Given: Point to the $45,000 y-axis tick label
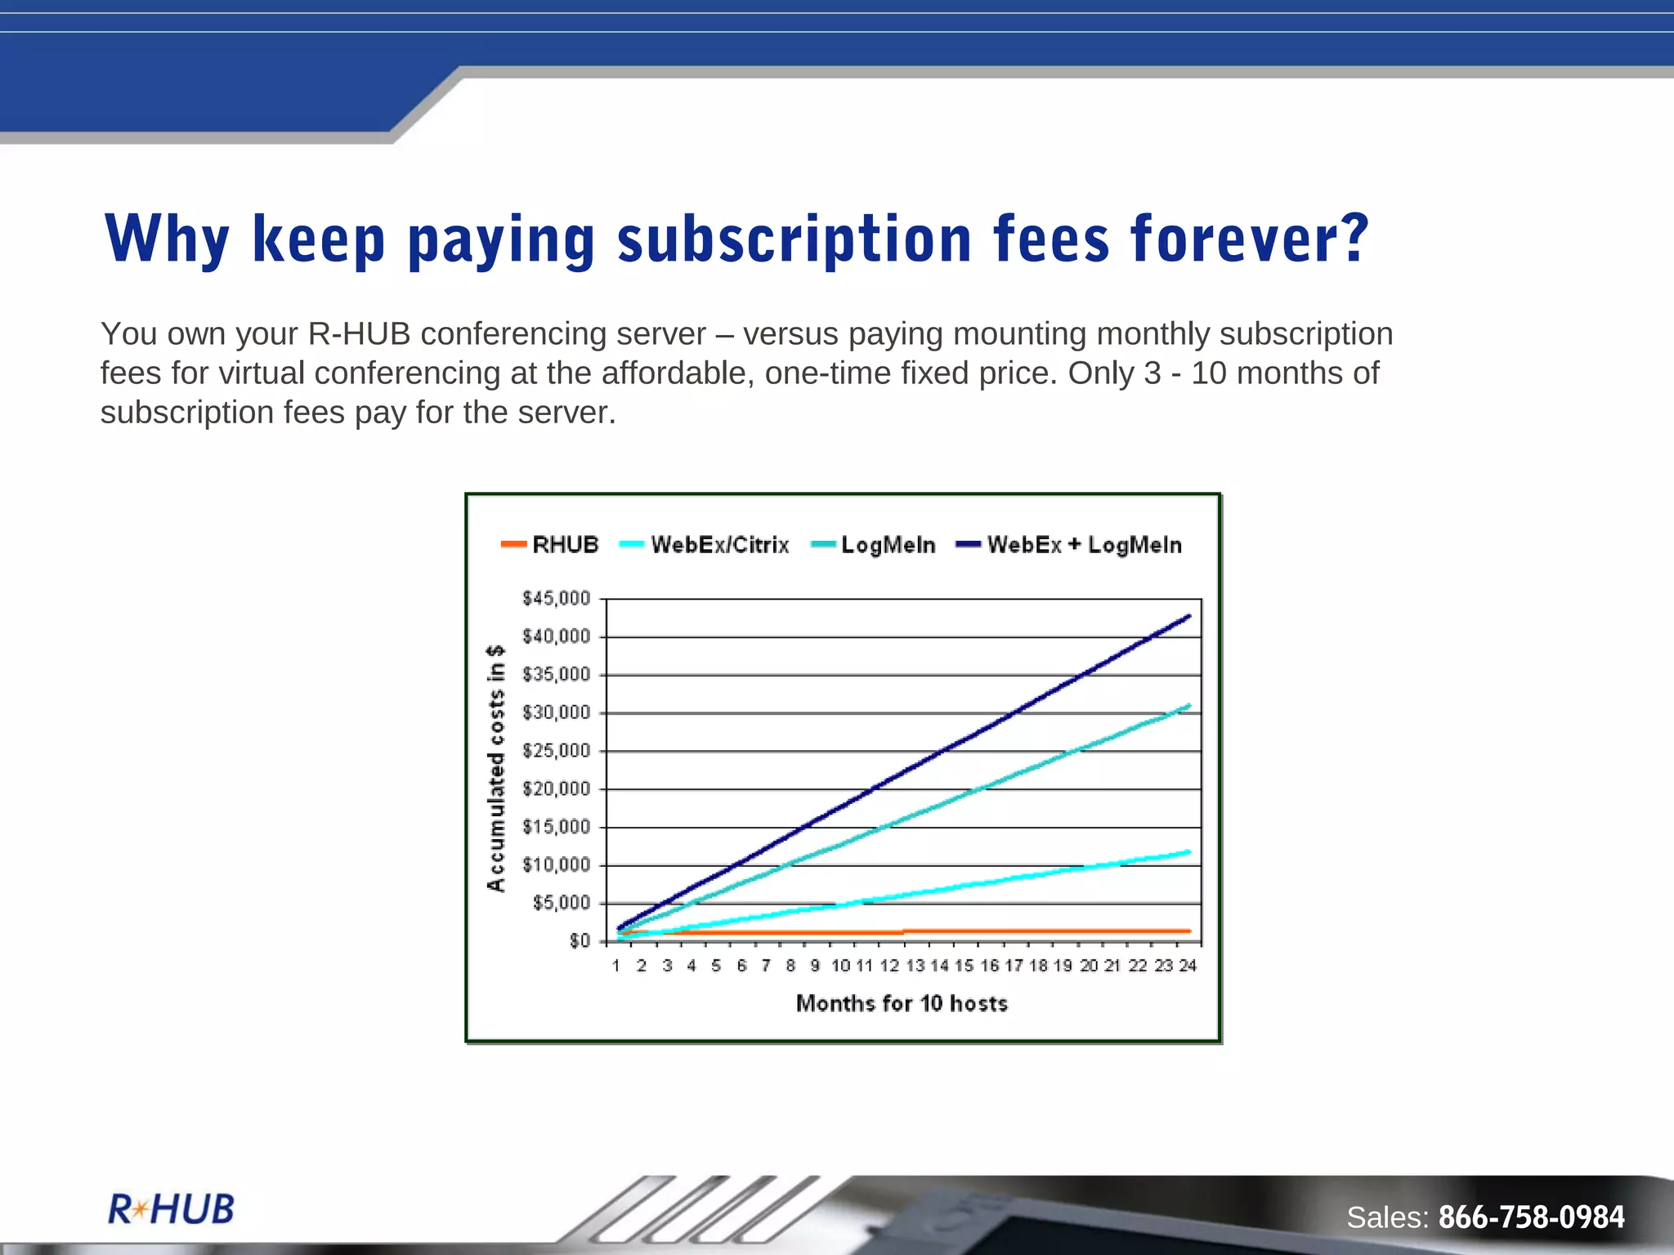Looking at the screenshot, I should click(556, 599).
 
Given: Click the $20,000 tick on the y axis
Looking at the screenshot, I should click(556, 789).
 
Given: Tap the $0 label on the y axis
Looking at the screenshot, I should click(580, 941).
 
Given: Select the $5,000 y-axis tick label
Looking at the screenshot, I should click(561, 903).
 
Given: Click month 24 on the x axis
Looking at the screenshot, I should click(1188, 966).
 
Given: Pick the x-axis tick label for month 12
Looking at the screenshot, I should click(889, 966).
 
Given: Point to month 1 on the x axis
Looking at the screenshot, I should click(616, 966).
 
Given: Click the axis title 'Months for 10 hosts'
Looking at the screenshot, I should click(902, 1003).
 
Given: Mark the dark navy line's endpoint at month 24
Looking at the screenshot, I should click(1188, 616).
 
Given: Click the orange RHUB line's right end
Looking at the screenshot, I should click(1188, 931).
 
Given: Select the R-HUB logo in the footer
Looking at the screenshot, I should click(172, 1209).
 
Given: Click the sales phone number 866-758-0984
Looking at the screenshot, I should click(1531, 1217).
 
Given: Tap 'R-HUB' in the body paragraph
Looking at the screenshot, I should click(358, 334).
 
